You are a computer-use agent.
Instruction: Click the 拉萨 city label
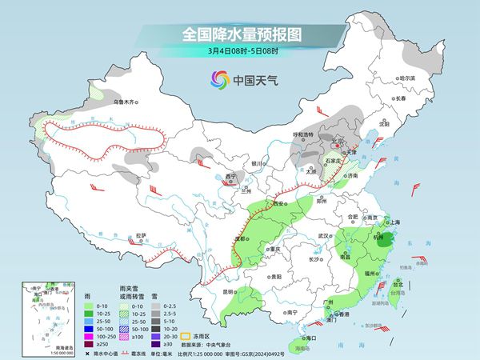(x=141, y=235)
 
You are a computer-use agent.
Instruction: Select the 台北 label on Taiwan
(x=398, y=282)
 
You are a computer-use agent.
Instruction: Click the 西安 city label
(x=280, y=205)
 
